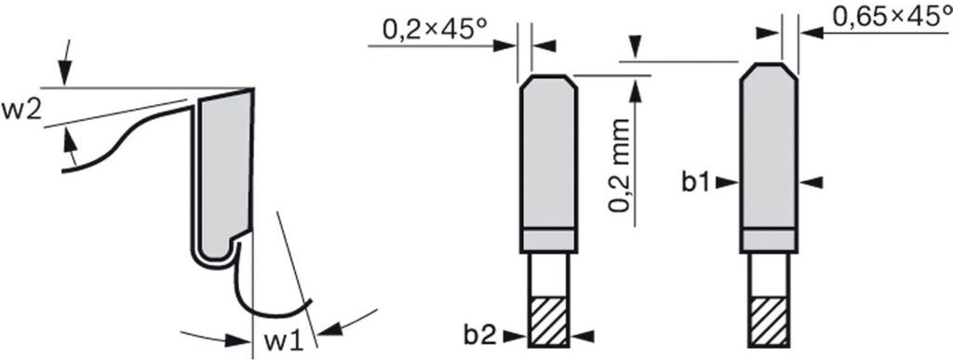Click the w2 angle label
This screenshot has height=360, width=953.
pyautogui.click(x=22, y=113)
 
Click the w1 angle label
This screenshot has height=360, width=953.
pyautogui.click(x=283, y=342)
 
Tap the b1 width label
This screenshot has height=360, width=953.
pyautogui.click(x=696, y=182)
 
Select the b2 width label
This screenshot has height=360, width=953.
pyautogui.click(x=481, y=336)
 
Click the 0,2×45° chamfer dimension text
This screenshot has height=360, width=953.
pyautogui.click(x=436, y=29)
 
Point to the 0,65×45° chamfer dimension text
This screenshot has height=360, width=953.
pyautogui.click(x=892, y=17)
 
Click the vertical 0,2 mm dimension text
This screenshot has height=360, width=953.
pyautogui.click(x=619, y=167)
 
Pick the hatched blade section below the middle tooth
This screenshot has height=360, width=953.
pyautogui.click(x=547, y=322)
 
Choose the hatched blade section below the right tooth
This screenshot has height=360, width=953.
pyautogui.click(x=768, y=322)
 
